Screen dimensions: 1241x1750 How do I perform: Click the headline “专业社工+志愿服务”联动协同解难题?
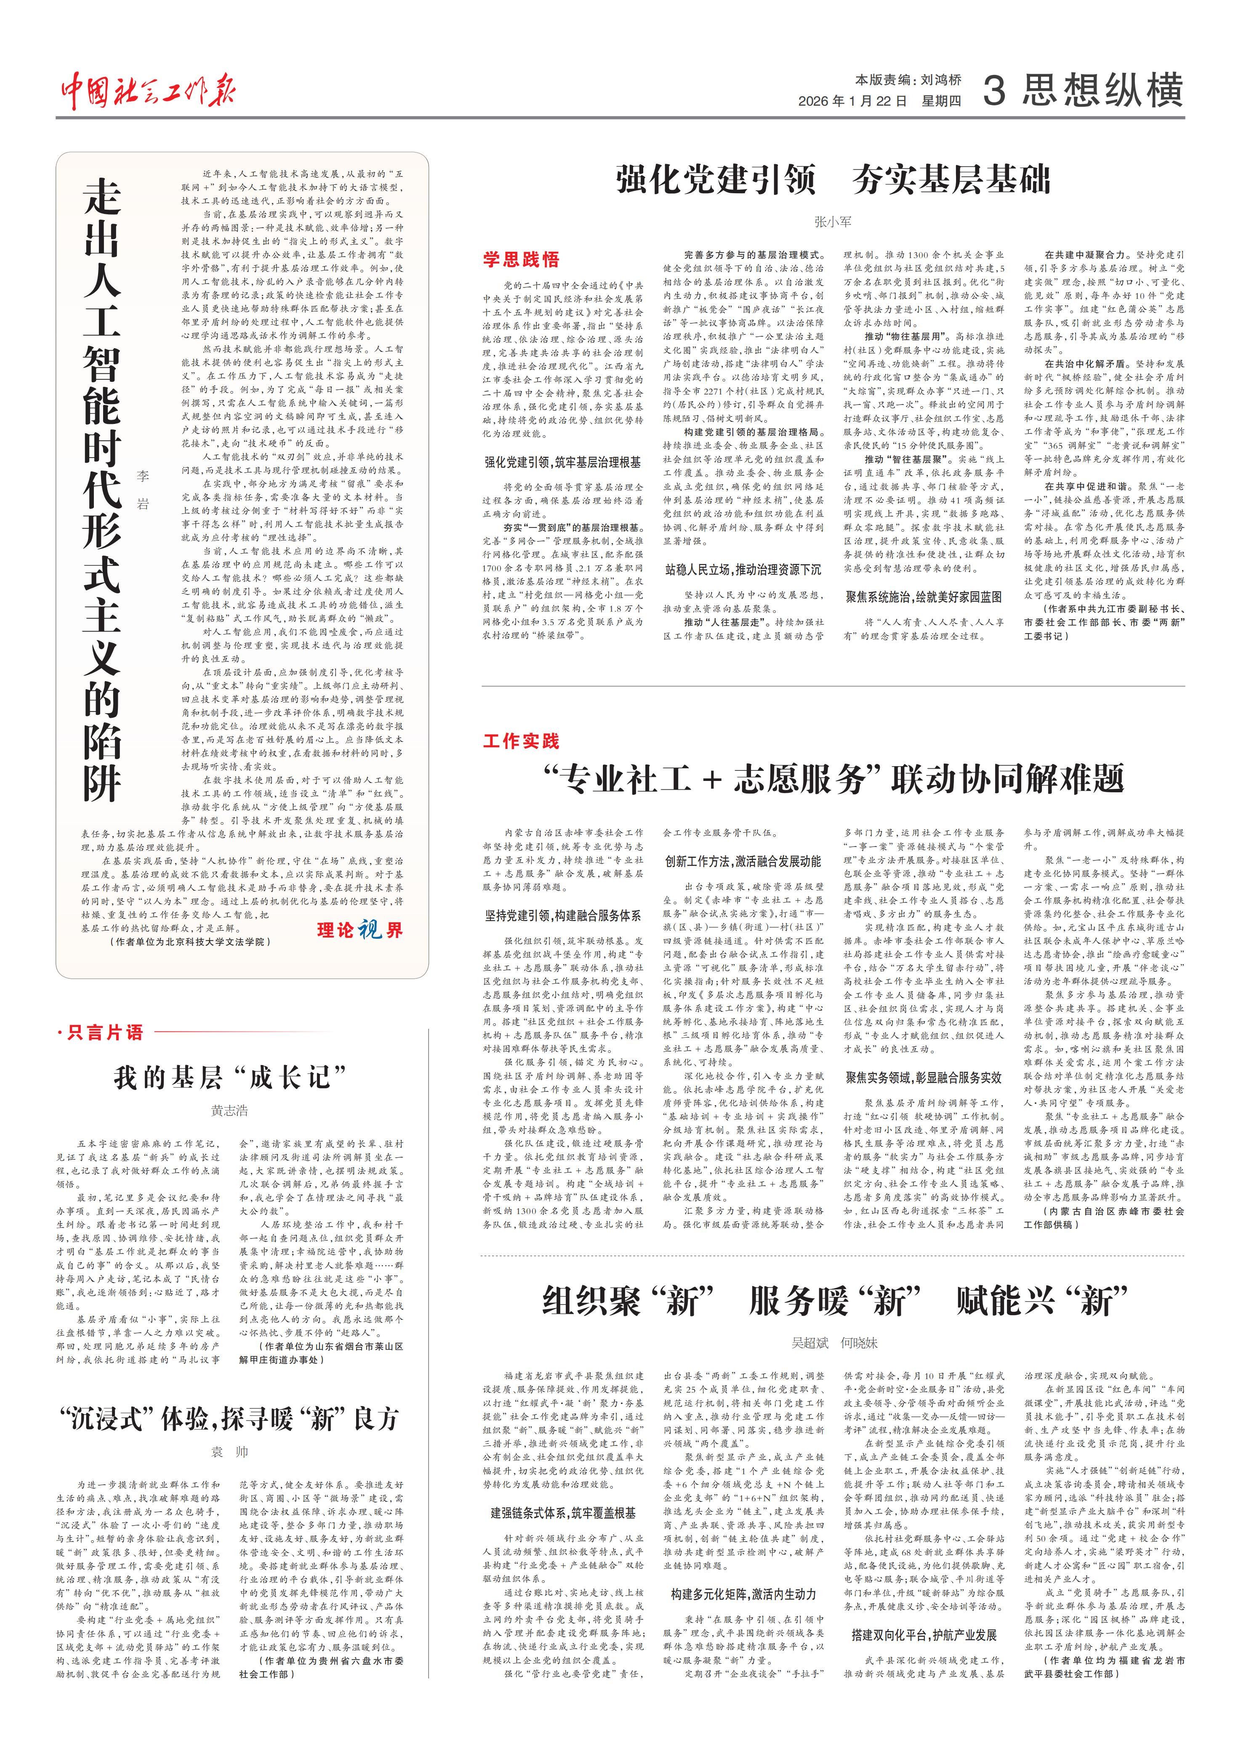(833, 780)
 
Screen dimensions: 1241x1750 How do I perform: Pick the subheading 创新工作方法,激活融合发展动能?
(743, 861)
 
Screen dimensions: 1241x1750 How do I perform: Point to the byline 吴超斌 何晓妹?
(834, 1342)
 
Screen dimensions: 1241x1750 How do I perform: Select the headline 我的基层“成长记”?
(229, 1078)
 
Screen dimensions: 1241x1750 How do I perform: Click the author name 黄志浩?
(229, 1111)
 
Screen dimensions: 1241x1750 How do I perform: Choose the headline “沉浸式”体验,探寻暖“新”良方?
(229, 1418)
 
